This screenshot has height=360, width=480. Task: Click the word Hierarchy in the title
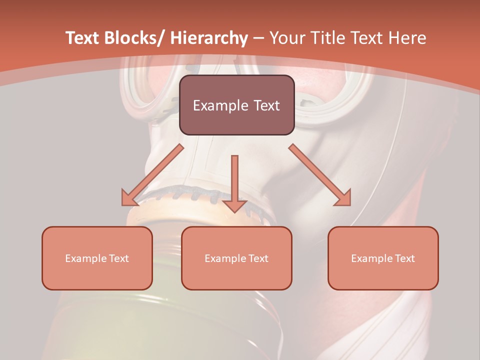(x=209, y=38)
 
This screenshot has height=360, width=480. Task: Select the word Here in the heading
(x=408, y=38)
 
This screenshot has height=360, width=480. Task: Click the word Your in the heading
(x=287, y=38)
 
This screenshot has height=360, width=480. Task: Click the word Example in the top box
(x=220, y=105)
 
